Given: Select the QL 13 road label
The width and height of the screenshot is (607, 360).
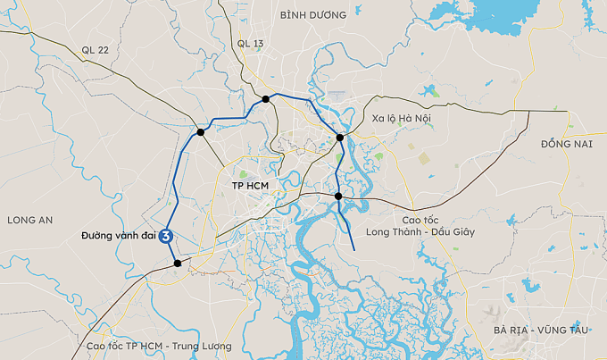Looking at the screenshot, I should coord(251,43).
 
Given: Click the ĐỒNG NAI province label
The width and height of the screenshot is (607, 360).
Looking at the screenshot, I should coord(567,143).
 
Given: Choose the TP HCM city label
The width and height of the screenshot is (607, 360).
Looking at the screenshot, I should coord(249,187).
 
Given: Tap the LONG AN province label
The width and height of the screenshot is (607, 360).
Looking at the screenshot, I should coord(29,219).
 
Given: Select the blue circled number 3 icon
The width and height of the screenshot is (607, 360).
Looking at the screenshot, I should coord(166,237).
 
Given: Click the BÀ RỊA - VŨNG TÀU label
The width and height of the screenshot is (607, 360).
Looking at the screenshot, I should coord(541,331).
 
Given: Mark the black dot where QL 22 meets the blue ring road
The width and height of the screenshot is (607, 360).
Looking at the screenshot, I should coord(201,132).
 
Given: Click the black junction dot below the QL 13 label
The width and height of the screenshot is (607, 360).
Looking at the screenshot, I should coord(266,98).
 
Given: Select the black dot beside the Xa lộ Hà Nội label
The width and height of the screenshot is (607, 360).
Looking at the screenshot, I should coord(340,138).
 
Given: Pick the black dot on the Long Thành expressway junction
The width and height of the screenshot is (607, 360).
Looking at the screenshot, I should coord(338,196).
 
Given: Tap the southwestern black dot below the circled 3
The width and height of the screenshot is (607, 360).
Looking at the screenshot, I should coord(178,263).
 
